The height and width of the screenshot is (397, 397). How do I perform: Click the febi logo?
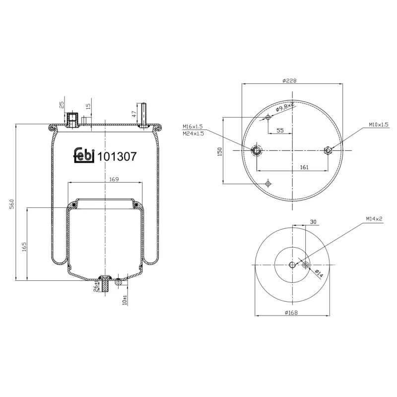click(x=84, y=155)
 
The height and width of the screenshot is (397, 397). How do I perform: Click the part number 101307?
click(x=117, y=156)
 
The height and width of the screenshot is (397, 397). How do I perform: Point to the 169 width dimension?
click(x=113, y=179)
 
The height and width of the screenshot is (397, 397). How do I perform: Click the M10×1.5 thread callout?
click(x=378, y=125)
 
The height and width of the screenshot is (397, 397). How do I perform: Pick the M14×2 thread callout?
click(x=374, y=218)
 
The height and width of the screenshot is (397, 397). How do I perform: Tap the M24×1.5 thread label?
click(x=193, y=133)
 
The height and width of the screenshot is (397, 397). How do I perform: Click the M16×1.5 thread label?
click(x=193, y=126)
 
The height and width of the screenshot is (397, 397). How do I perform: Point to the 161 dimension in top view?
click(x=304, y=167)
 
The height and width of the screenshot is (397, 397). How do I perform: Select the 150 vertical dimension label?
click(x=219, y=151)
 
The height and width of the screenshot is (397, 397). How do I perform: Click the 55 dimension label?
click(x=280, y=130)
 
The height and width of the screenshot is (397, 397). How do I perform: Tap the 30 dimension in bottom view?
click(x=313, y=222)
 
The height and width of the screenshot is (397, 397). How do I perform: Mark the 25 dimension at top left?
click(x=62, y=105)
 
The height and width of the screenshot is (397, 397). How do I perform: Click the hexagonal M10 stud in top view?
click(x=328, y=150)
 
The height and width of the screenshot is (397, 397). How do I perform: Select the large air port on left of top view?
click(x=257, y=150)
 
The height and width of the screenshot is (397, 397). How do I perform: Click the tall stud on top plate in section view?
click(x=143, y=115)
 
